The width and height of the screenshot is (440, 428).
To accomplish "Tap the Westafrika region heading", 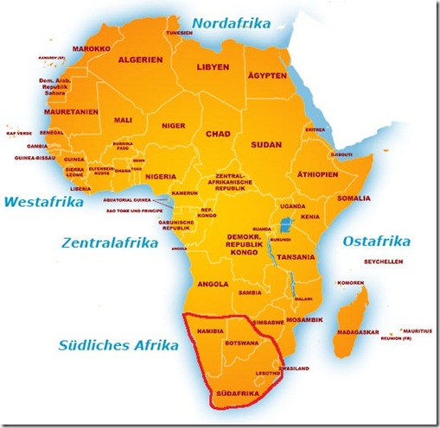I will coord(43,203).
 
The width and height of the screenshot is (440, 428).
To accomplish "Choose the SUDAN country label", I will coord(266,146).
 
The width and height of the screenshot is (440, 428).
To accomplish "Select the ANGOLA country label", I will coord(213,282).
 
